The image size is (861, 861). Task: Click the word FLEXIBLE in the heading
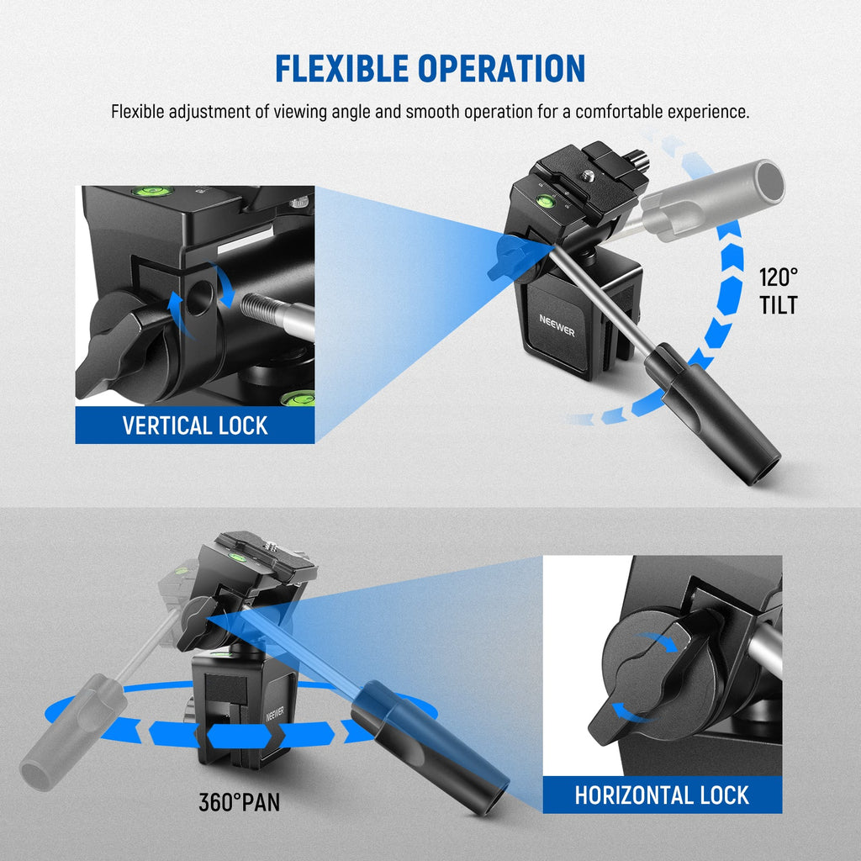[x=341, y=68]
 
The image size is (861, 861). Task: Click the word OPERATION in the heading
[x=501, y=68]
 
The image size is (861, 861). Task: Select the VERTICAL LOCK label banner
[x=195, y=425]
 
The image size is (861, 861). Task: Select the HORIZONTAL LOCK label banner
[x=663, y=795]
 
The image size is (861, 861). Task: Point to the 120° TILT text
[x=778, y=291]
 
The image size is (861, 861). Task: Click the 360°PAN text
[x=240, y=802]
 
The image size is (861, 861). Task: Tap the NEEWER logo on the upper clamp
[x=557, y=325]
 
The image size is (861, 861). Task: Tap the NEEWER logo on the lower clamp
[x=275, y=715]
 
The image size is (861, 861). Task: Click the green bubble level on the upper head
[x=546, y=200]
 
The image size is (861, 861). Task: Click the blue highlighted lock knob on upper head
[x=514, y=256]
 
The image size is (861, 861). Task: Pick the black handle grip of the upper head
[x=711, y=412]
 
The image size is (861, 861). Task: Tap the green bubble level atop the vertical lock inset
[x=152, y=191]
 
